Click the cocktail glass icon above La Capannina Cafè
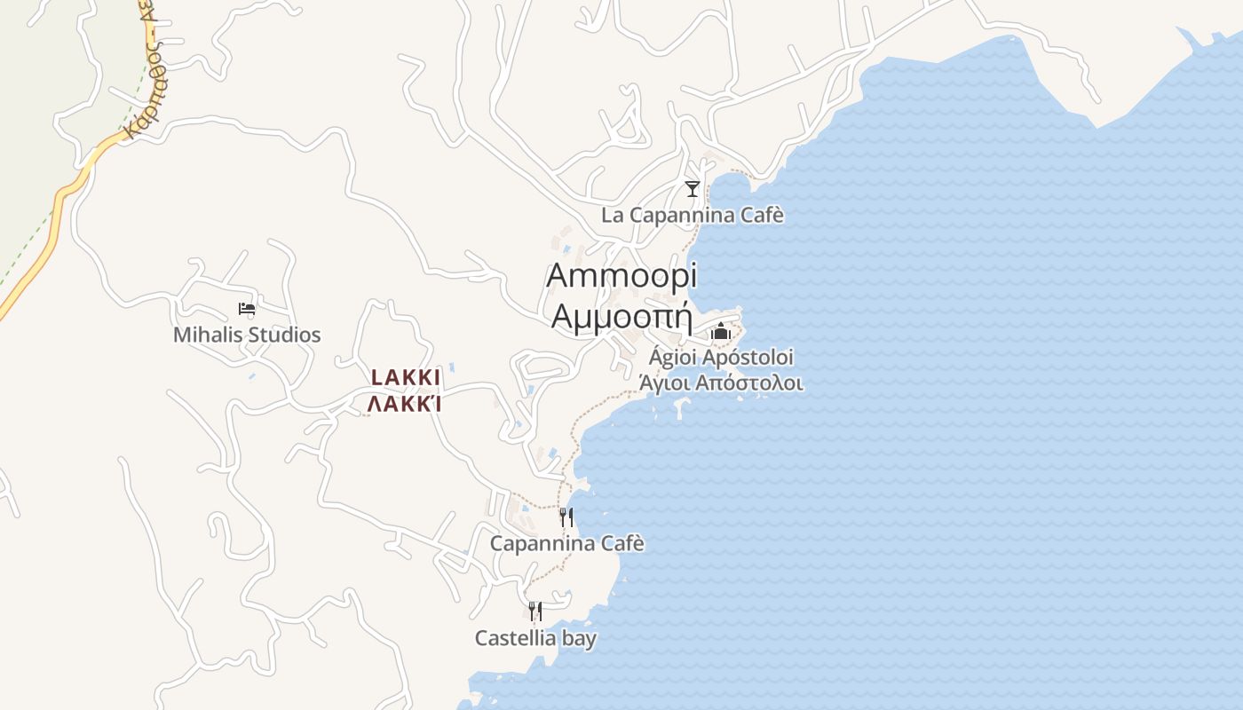coord(693,188)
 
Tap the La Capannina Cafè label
coord(693,216)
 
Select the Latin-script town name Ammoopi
coord(621,275)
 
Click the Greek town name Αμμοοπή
coord(621,316)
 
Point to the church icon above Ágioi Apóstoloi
coord(721,332)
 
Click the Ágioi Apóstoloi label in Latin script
coord(721,358)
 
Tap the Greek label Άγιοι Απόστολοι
coord(721,383)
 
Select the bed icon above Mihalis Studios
coord(247,309)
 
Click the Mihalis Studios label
coord(247,335)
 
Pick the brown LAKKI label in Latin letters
coord(406,378)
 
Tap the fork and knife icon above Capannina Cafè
coord(566,517)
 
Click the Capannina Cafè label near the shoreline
coord(567,543)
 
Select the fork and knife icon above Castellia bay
coord(535,611)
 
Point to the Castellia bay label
coord(535,638)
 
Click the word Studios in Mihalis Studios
coord(283,335)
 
